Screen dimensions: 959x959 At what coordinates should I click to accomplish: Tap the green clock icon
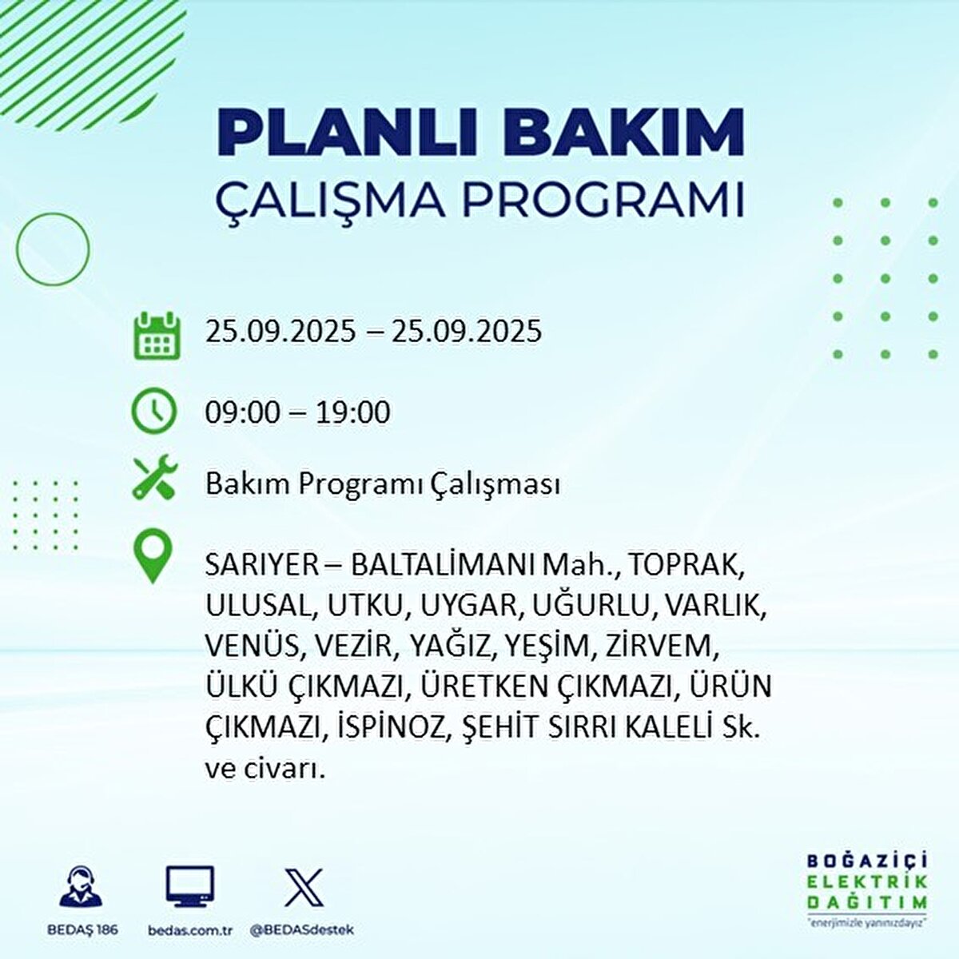coord(153,411)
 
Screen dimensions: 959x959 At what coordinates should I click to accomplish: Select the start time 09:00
coord(243,412)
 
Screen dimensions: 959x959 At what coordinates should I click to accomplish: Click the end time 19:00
coord(352,412)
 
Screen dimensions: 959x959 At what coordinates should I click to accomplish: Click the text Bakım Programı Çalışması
coord(382,485)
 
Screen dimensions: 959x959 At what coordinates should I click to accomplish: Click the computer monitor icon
coord(190,886)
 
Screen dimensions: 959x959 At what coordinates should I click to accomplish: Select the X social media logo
coord(304,887)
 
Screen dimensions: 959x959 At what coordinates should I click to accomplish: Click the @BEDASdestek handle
coord(302,930)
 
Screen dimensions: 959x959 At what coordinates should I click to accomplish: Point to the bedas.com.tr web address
coord(190,930)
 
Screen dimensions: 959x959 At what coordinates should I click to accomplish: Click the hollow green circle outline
coord(53,249)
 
